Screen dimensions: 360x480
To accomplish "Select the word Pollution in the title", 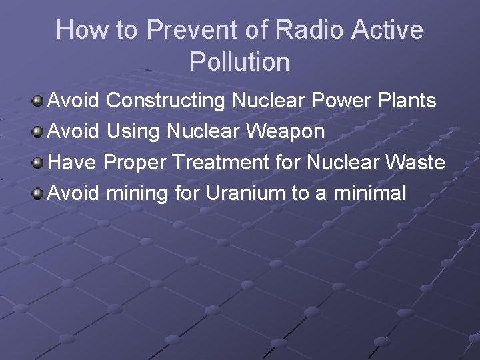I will point(239,62).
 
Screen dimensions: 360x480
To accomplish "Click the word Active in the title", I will point(387,30).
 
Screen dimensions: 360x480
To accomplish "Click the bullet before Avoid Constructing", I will point(38,101).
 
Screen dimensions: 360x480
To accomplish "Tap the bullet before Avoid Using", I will point(38,132).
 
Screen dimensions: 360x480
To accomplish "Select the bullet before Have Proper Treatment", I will point(38,163).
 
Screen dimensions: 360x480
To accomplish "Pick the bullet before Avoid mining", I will point(38,193).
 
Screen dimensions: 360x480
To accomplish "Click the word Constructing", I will point(166,101).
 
